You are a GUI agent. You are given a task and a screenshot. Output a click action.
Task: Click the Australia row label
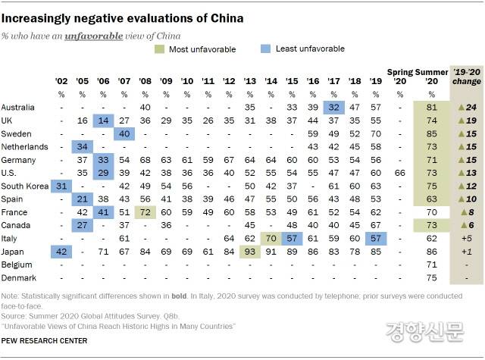pyautogui.click(x=17, y=108)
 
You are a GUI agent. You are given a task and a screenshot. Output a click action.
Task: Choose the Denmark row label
pyautogui.click(x=17, y=278)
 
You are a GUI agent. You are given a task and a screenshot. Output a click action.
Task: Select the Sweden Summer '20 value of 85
pyautogui.click(x=430, y=134)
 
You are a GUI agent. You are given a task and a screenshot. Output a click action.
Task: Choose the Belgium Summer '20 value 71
pyautogui.click(x=430, y=265)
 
